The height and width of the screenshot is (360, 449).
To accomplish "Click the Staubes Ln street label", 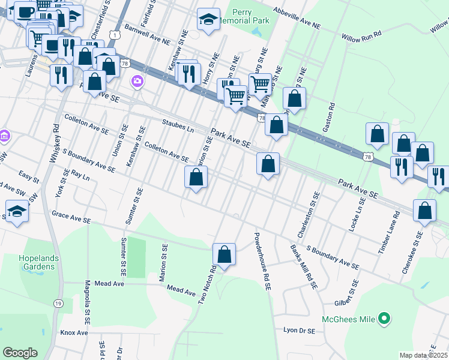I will coord(179,125).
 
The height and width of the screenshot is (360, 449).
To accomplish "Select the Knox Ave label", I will coord(74,332).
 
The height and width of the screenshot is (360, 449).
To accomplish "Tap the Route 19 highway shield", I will coord(58,304).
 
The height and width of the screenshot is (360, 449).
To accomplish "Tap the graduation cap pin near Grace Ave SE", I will coord(16,211).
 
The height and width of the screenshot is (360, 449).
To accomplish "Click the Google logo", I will coord(20,353).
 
